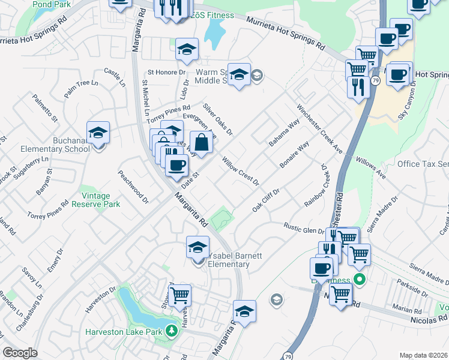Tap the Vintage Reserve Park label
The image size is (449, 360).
click(x=96, y=200)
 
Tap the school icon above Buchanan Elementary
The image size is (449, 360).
click(x=98, y=133)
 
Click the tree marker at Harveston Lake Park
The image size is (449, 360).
click(x=172, y=331)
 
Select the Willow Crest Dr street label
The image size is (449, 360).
click(x=240, y=170)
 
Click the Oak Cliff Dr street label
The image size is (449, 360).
click(x=267, y=199)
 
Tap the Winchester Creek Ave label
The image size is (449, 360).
click(x=318, y=129)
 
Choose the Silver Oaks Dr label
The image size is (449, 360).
click(x=217, y=119)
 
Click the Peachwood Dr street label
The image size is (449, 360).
click(x=133, y=184)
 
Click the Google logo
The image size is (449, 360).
click(x=20, y=353)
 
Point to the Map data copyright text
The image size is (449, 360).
click(x=424, y=355)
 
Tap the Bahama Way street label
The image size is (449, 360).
click(x=284, y=134)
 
